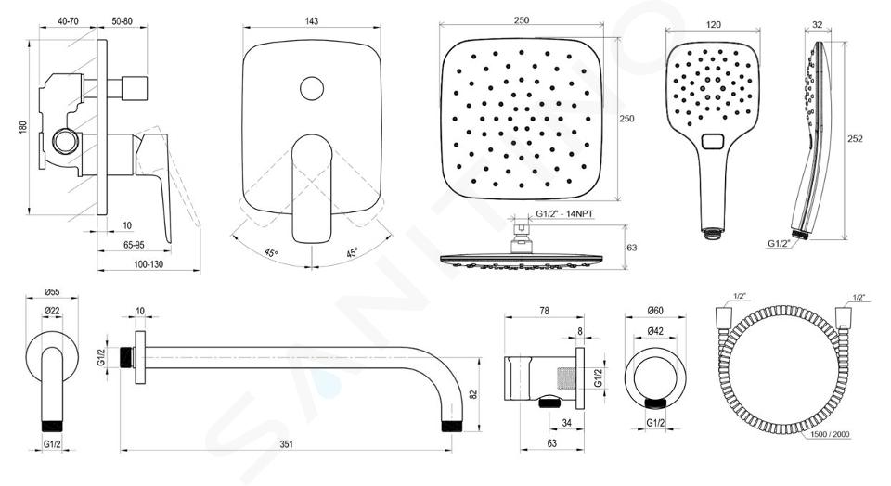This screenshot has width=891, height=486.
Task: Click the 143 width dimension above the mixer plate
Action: tap(312, 21)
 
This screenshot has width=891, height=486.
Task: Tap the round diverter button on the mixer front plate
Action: tap(312, 88)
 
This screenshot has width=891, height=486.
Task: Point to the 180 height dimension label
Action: tap(23, 127)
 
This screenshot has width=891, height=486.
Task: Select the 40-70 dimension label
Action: tap(68, 21)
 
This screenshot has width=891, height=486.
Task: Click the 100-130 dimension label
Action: tap(148, 264)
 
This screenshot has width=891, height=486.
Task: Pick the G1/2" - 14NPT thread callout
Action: tap(564, 214)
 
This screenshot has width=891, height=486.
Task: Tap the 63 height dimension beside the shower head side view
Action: tap(631, 248)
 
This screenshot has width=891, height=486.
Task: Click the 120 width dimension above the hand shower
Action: tap(713, 24)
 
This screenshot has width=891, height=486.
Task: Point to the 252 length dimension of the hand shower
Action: tap(855, 138)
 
